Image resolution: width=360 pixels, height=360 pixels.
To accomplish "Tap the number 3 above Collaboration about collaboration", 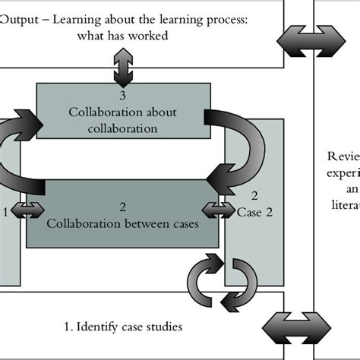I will tap(122, 97).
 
